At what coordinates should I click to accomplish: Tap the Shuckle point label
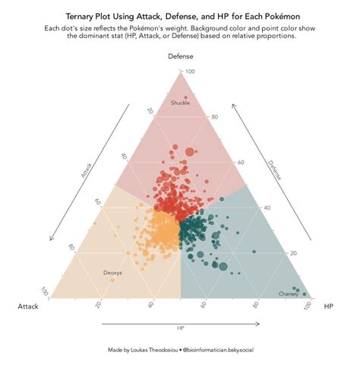click(180, 103)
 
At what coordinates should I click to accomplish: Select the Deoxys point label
click(112, 272)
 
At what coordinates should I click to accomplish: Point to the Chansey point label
click(289, 293)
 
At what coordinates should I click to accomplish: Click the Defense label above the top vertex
click(180, 57)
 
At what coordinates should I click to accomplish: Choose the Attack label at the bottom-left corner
click(28, 306)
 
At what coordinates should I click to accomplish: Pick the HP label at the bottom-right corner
click(328, 306)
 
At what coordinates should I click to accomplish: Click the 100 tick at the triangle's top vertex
click(191, 71)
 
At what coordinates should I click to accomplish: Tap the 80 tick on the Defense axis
click(215, 117)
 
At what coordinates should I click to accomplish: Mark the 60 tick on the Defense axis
click(242, 162)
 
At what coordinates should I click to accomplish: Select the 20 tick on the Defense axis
click(293, 253)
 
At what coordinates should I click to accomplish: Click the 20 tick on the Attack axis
click(150, 111)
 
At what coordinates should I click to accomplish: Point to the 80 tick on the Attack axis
click(71, 247)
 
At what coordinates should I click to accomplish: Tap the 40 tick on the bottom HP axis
click(150, 305)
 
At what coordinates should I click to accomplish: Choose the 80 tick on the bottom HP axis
click(256, 305)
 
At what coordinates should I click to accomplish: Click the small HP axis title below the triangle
click(180, 328)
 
